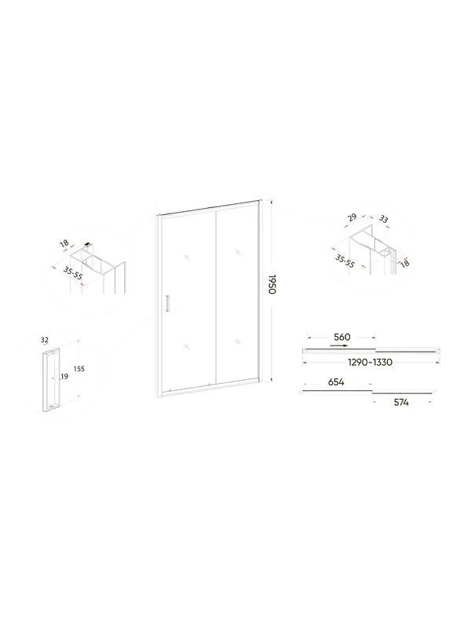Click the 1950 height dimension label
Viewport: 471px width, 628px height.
pos(272,285)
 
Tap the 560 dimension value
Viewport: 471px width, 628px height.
pos(342,337)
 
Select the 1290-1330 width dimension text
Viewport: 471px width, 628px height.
pos(370,363)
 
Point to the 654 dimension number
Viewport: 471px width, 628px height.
pos(336,382)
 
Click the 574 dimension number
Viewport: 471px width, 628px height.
pos(401,402)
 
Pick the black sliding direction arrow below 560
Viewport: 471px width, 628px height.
pos(339,345)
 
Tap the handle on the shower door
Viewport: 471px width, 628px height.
pos(168,303)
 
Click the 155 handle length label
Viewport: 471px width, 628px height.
pos(79,369)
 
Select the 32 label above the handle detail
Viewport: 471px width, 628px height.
pos(45,340)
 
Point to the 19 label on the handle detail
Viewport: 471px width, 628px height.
pos(64,377)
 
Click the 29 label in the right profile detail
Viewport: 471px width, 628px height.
pos(352,218)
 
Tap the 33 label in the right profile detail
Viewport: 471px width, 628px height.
pos(383,219)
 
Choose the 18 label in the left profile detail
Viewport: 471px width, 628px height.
pos(64,243)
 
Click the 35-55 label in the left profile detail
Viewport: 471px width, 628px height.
pos(72,273)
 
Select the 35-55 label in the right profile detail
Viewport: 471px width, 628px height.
pos(345,261)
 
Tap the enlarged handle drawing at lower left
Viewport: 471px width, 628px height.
pos(50,380)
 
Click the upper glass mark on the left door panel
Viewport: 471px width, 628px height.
pos(187,257)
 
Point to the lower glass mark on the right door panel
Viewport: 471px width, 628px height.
pos(239,341)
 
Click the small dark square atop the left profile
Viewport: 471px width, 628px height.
pos(89,244)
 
